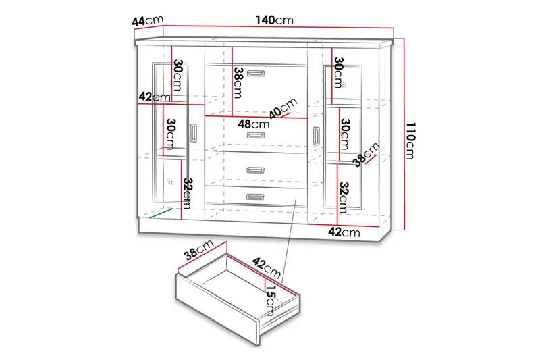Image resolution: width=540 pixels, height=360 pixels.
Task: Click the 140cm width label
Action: coord(274,21)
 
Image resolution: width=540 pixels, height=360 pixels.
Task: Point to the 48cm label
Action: coord(251,124)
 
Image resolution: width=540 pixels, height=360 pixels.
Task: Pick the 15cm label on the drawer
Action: coord(269,300)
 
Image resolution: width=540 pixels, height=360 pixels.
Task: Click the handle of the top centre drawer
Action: coord(256,73)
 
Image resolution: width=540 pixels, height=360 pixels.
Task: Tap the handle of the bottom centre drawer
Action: coord(256,197)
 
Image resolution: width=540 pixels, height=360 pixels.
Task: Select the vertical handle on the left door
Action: coord(194,132)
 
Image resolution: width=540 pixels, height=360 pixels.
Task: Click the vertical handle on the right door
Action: coord(315,134)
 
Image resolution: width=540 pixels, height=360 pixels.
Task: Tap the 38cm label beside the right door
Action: coord(369,155)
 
